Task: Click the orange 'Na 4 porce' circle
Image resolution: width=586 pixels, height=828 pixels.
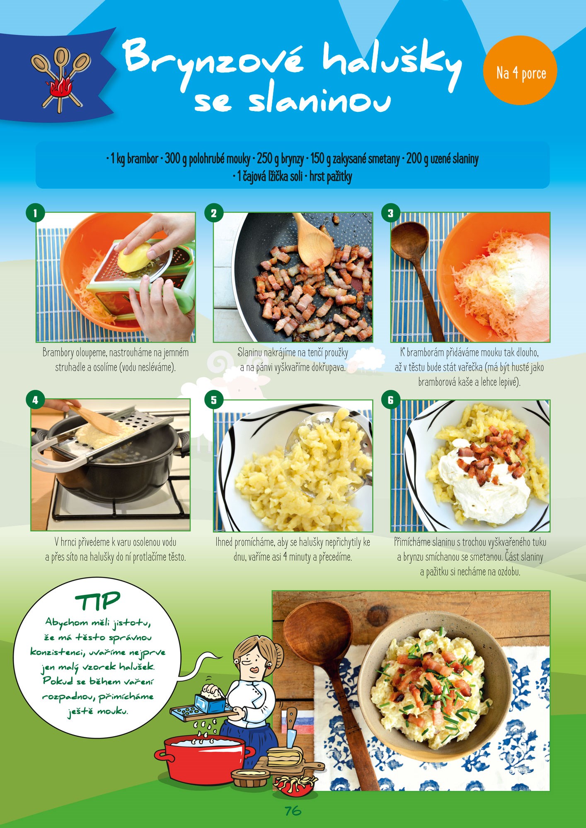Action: [520, 73]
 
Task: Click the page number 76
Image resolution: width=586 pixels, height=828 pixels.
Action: [293, 811]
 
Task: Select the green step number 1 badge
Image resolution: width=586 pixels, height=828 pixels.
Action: [35, 213]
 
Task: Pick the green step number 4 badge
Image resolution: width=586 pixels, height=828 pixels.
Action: [35, 400]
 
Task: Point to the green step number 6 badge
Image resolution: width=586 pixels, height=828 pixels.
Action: [390, 400]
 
